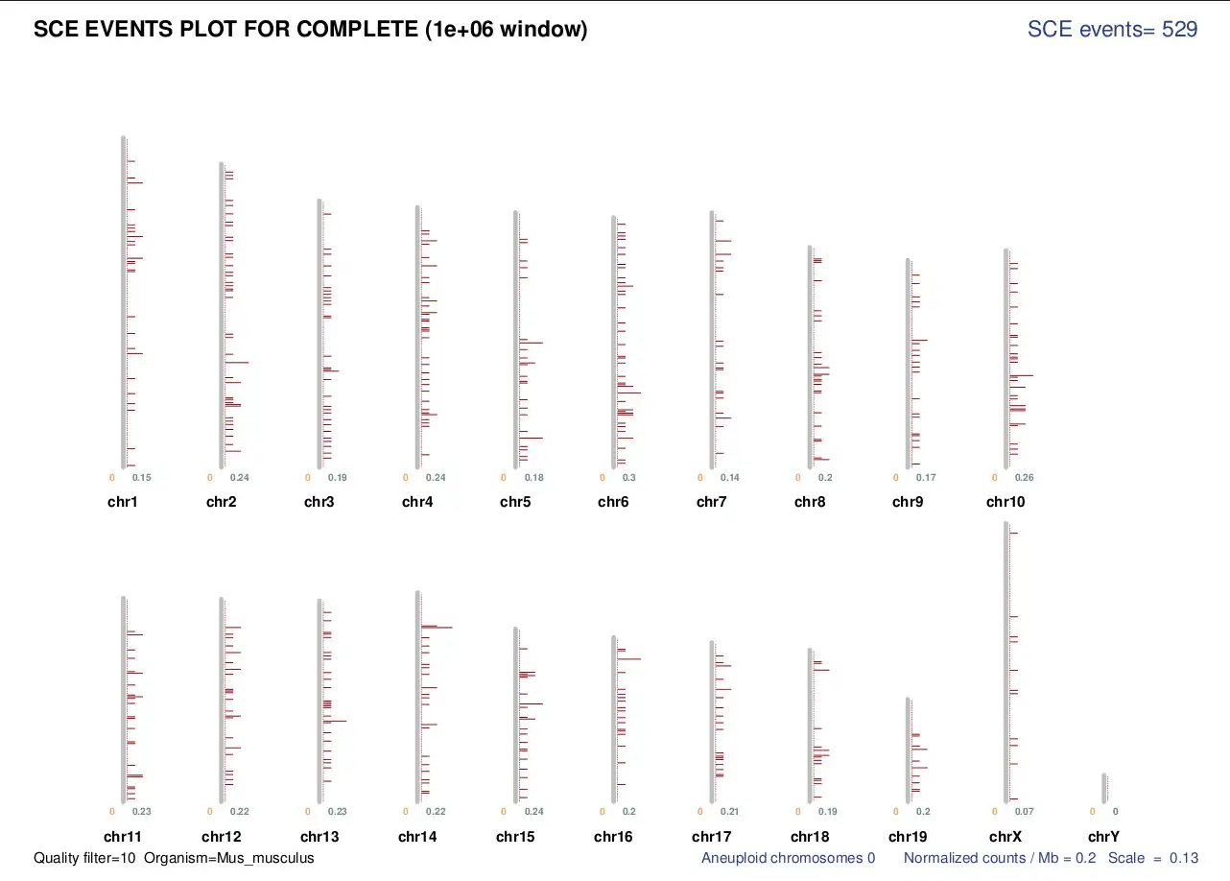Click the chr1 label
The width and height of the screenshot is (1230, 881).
click(122, 502)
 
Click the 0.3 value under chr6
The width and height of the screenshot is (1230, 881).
click(629, 478)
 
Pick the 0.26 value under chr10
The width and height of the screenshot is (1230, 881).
click(1025, 478)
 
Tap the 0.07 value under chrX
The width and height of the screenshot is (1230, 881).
click(1025, 812)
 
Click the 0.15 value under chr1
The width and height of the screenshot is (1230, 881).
click(142, 478)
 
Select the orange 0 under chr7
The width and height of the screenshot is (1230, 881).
click(700, 478)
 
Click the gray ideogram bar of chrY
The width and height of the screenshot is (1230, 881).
click(1103, 787)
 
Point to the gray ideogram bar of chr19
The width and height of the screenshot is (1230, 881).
click(908, 749)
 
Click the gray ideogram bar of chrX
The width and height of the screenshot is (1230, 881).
click(1005, 662)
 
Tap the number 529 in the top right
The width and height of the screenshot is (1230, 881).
click(1179, 30)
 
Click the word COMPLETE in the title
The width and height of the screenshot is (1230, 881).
click(357, 30)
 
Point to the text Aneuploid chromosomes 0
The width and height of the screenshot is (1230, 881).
click(788, 858)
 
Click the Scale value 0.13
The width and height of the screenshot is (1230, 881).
click(1184, 858)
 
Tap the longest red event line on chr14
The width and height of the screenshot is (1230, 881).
click(437, 627)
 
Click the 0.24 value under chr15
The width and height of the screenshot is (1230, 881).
click(534, 812)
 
